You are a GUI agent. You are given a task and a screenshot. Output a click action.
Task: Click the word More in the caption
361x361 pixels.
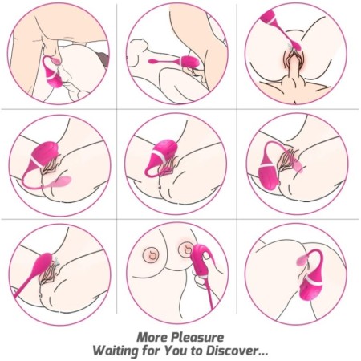click(x=152, y=337)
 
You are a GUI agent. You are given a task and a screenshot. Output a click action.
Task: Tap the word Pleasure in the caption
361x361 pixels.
click(x=197, y=337)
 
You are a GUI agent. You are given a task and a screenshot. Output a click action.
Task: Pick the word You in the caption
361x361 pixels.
click(x=175, y=351)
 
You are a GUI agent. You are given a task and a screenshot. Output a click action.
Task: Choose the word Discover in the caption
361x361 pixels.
click(x=231, y=351)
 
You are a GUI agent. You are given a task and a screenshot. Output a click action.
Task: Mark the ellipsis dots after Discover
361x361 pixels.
click(x=262, y=354)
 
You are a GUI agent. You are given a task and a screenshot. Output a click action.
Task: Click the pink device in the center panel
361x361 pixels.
click(x=161, y=158)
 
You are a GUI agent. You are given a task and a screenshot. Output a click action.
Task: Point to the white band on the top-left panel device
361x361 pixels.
click(x=53, y=75)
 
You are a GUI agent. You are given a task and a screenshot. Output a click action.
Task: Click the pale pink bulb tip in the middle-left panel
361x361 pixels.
click(x=62, y=182)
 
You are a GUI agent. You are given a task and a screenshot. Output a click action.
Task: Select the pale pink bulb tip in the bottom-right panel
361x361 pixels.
click(x=302, y=259)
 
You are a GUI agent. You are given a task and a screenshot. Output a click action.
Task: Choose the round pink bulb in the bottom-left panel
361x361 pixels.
click(x=43, y=262)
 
